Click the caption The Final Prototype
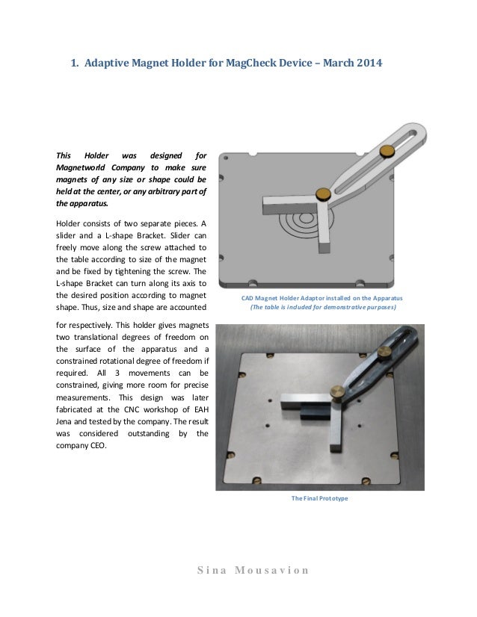tap(319, 498)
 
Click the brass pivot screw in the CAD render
tap(323, 194)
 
